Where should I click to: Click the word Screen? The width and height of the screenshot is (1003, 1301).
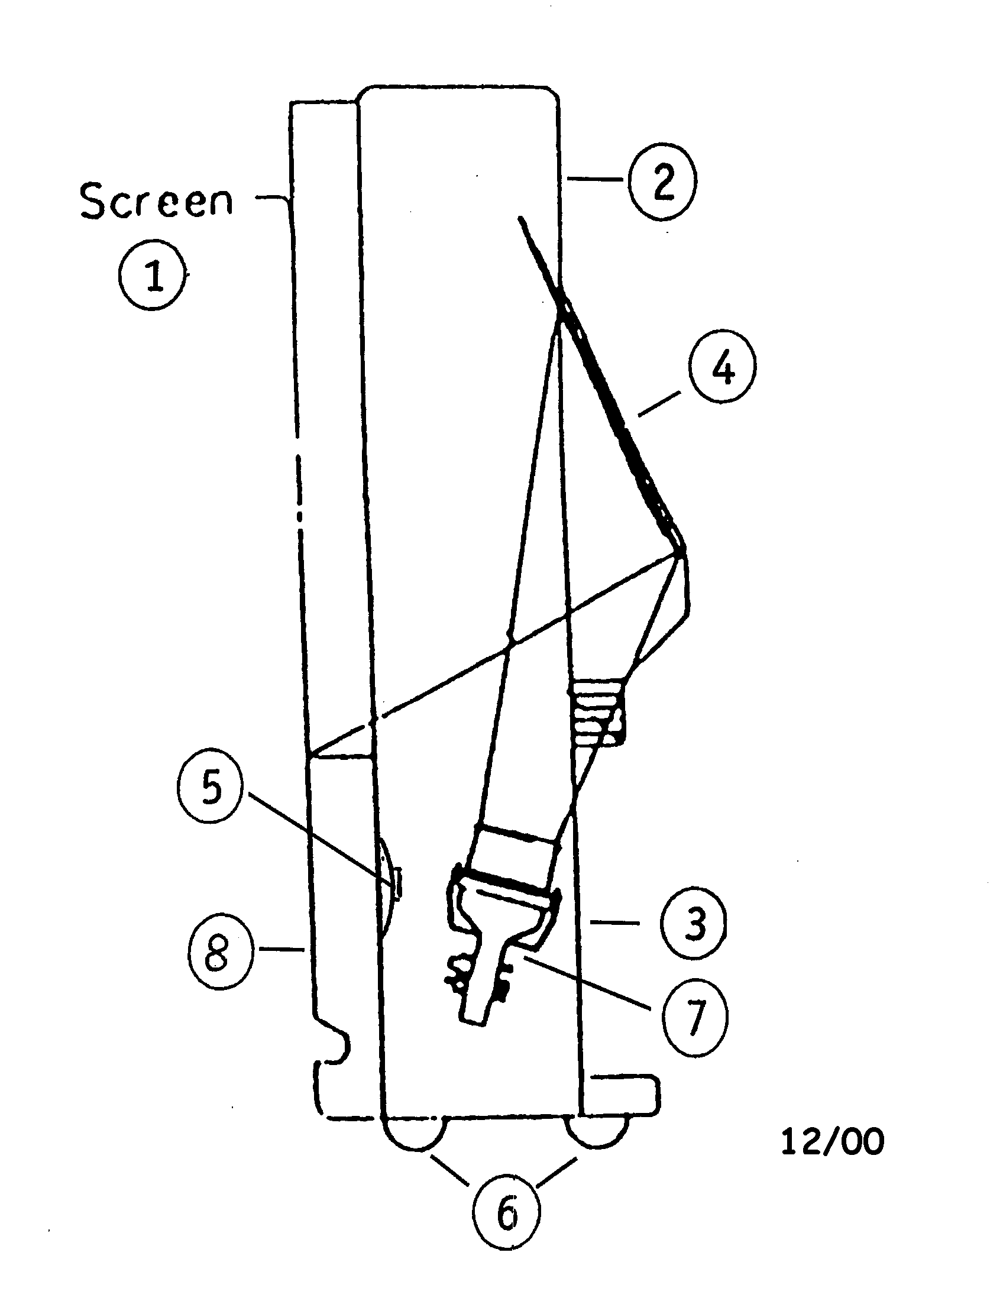(156, 200)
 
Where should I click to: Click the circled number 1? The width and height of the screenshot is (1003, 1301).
(154, 275)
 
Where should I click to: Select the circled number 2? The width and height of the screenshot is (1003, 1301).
(661, 180)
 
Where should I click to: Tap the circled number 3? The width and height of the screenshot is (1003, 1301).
(693, 924)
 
